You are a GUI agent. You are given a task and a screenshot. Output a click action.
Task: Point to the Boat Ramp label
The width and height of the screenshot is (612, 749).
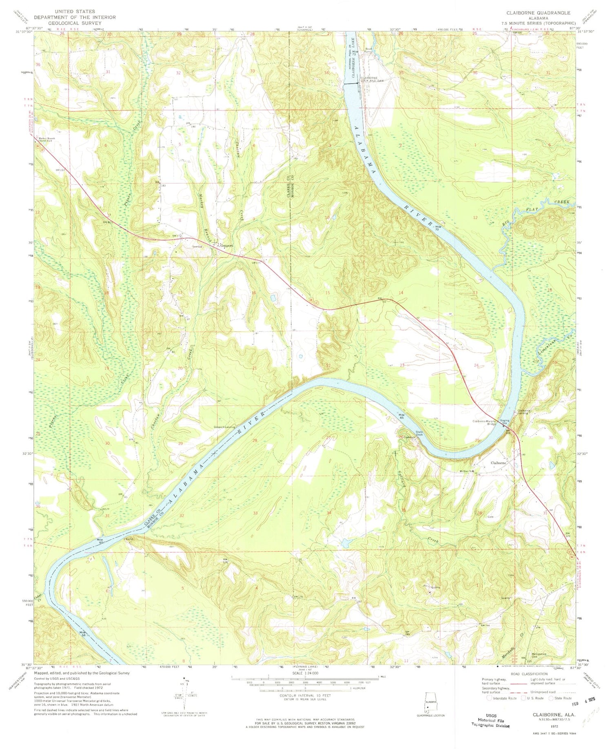point(369,50)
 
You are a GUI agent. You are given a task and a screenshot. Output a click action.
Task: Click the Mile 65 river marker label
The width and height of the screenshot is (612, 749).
point(401,416)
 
